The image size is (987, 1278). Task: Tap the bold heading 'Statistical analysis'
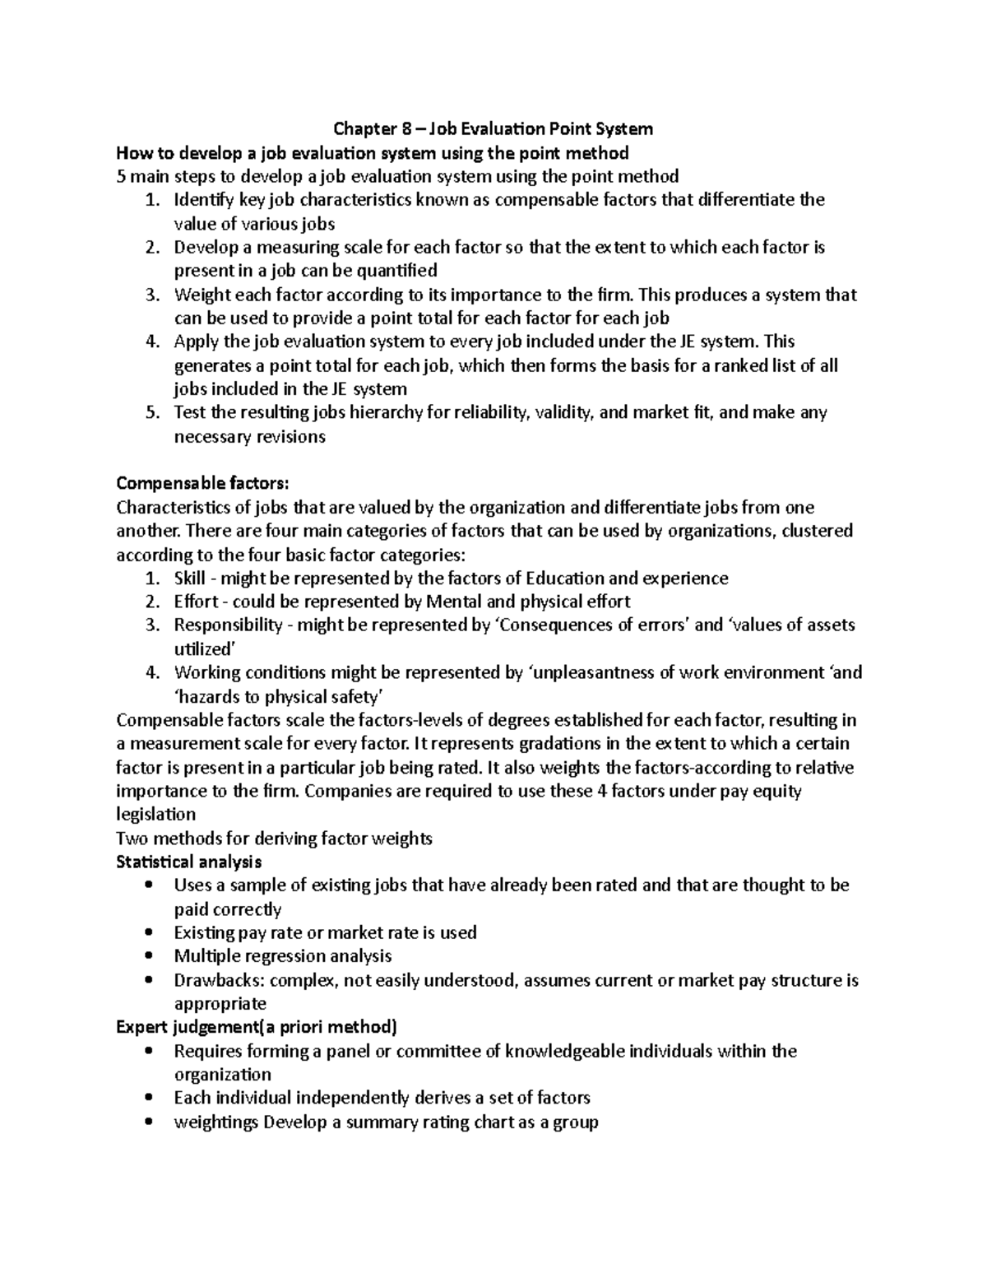[189, 862]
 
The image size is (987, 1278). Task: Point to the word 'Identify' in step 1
[203, 200]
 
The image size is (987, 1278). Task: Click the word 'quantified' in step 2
[398, 271]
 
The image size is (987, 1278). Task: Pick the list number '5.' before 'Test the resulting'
[151, 412]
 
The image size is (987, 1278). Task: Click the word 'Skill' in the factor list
[190, 579]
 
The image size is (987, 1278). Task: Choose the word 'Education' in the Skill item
[564, 579]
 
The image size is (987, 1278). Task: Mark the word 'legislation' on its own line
[156, 815]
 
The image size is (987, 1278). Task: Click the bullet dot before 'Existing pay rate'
[148, 933]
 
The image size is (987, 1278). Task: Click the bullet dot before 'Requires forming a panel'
[148, 1051]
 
